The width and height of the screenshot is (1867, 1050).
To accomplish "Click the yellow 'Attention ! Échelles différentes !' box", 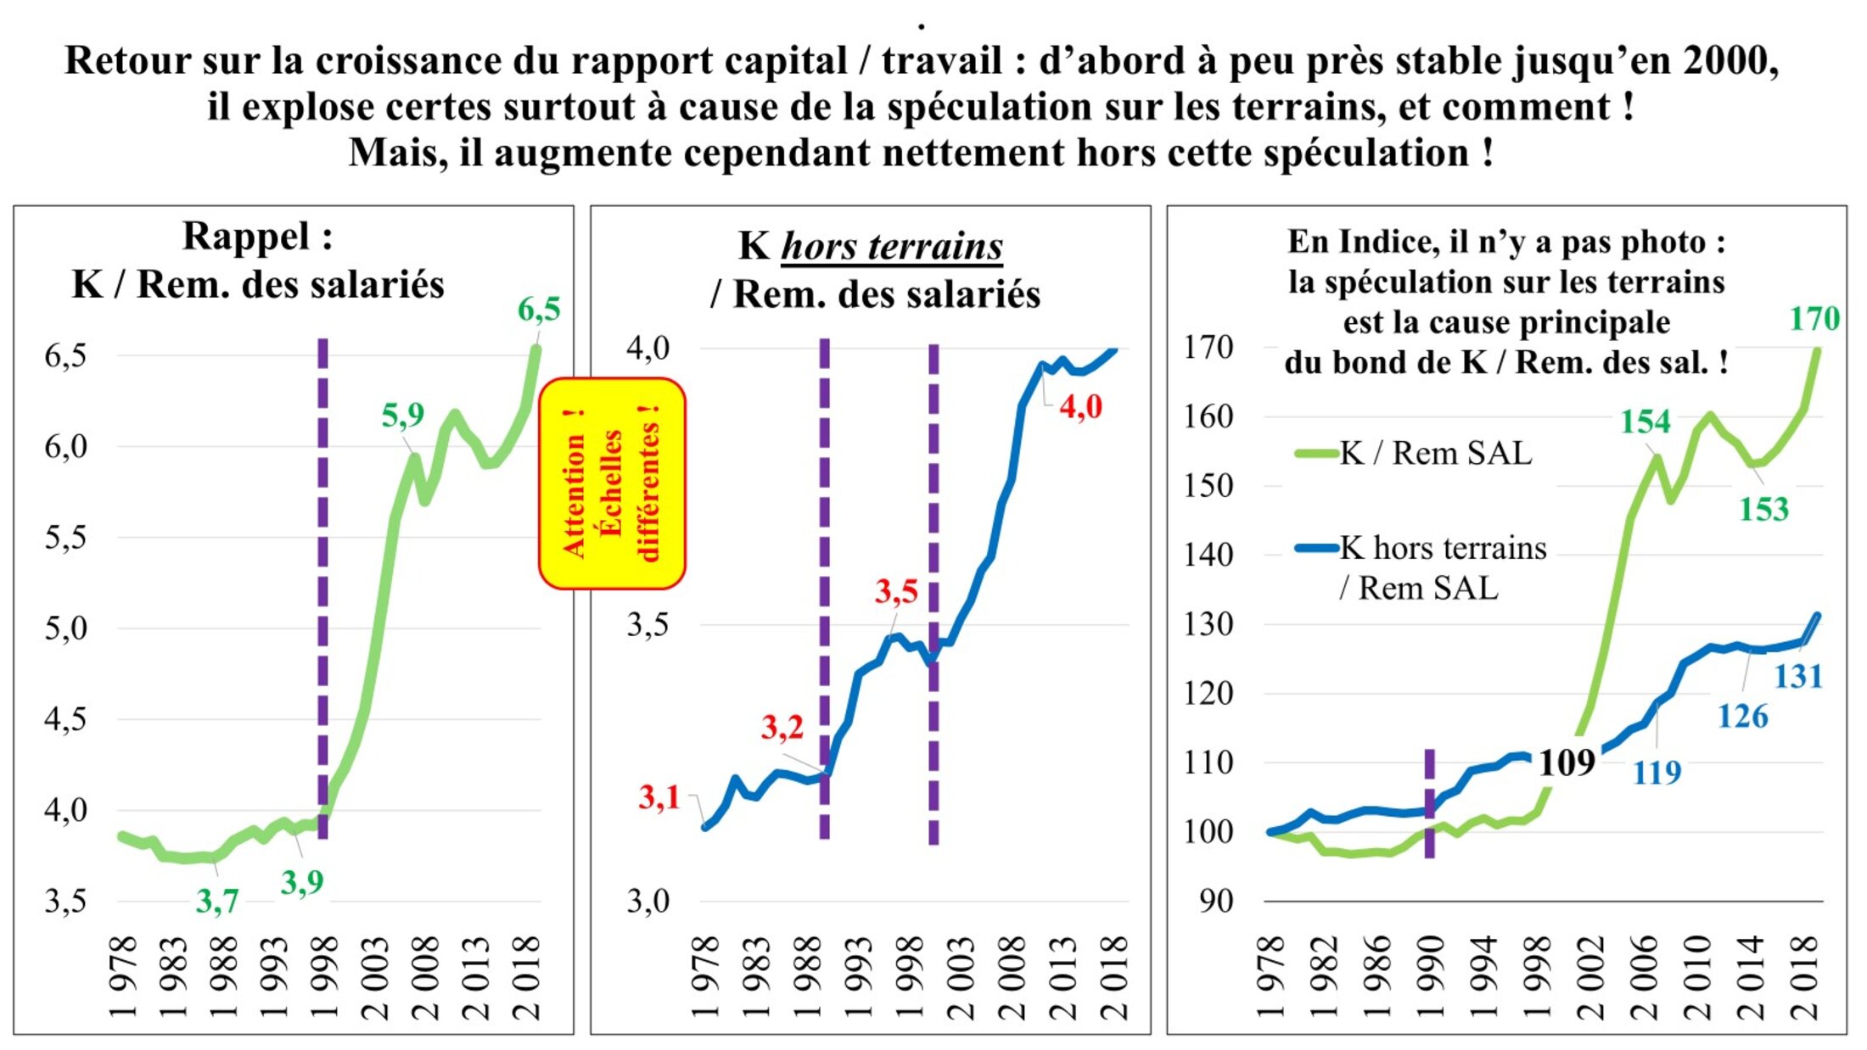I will tap(612, 483).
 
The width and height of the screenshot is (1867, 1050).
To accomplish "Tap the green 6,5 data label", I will tap(539, 310).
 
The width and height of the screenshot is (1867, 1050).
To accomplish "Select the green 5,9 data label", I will tap(402, 415).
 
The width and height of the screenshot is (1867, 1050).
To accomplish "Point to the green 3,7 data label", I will tap(217, 901).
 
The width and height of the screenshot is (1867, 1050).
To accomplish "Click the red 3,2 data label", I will tap(782, 727).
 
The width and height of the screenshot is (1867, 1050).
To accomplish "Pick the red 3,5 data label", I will tap(896, 591).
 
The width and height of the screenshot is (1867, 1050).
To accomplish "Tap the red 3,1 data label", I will tap(659, 797).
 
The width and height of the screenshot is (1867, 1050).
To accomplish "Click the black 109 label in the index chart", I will tap(1567, 763).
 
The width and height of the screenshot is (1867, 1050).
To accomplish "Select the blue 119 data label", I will tap(1657, 772).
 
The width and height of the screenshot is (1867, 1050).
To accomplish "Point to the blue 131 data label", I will tap(1798, 676).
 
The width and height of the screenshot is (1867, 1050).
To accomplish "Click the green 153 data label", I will tap(1763, 509).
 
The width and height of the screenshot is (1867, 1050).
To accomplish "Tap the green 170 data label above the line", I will tap(1814, 319).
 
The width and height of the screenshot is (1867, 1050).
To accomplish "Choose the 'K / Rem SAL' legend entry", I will tap(1435, 453).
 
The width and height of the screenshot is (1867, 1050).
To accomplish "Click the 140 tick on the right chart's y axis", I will tap(1208, 555).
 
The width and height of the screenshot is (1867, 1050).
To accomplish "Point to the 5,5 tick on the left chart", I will tap(65, 537).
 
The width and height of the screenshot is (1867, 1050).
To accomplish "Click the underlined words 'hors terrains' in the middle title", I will tap(891, 246).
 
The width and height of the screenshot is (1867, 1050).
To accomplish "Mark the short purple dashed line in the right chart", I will tap(1429, 802).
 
